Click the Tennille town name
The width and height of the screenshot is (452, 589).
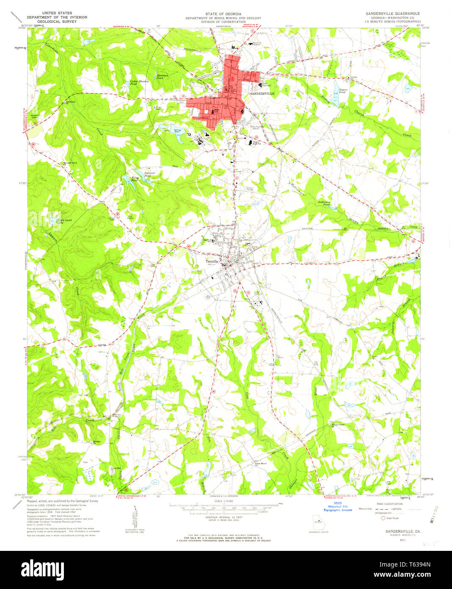click(212, 261)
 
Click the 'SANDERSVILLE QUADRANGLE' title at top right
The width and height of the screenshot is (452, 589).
click(393, 14)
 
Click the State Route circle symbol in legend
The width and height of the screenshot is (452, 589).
click(383, 518)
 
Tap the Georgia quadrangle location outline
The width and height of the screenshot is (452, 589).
click(316, 520)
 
